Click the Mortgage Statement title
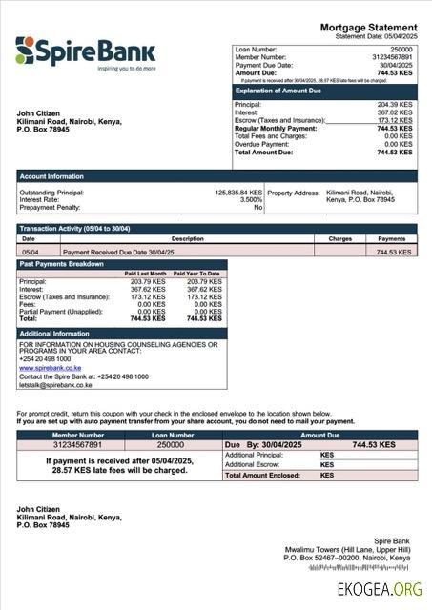click(x=368, y=27)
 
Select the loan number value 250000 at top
click(x=401, y=48)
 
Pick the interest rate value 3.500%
click(x=251, y=199)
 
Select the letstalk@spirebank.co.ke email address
click(x=55, y=385)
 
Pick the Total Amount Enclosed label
click(x=258, y=475)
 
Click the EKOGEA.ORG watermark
click(x=379, y=590)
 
